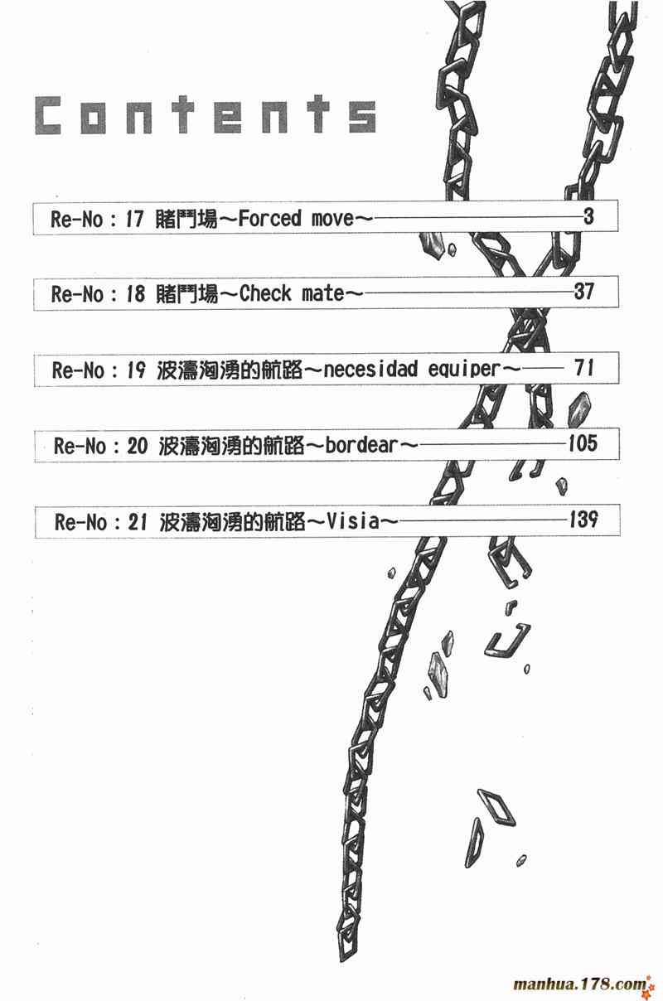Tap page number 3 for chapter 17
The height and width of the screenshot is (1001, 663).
[x=588, y=218]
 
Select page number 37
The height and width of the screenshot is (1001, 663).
[x=584, y=292]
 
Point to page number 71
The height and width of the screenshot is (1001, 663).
[x=584, y=368]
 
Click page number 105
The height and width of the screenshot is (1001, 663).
[x=583, y=444]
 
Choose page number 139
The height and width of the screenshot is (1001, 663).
[x=583, y=520]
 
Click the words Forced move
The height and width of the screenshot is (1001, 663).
[x=295, y=220]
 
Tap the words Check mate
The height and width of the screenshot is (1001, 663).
[x=291, y=293]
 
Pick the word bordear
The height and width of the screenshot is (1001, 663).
[x=361, y=446]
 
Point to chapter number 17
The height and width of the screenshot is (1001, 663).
[x=134, y=220]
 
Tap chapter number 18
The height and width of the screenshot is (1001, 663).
[x=134, y=293]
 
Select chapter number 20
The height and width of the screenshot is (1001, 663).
[x=138, y=446]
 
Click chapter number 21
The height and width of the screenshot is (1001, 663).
[x=139, y=522]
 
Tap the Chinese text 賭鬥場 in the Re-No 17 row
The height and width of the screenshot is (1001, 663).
[x=186, y=220]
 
